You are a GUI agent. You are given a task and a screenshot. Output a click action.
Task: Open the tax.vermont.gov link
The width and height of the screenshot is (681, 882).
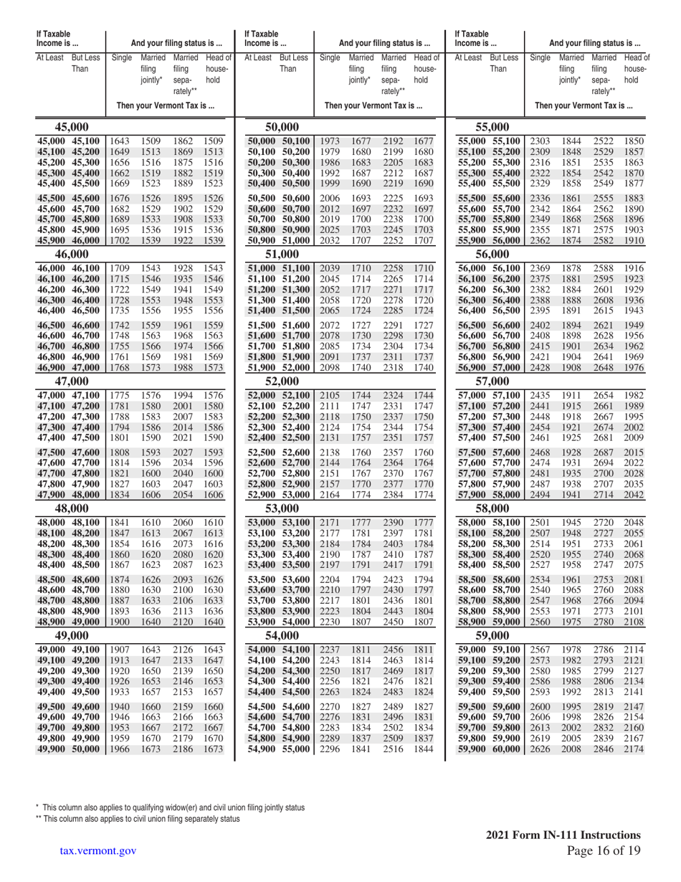point(98,850)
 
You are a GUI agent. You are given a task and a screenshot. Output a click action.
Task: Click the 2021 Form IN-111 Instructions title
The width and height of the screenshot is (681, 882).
point(563,835)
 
